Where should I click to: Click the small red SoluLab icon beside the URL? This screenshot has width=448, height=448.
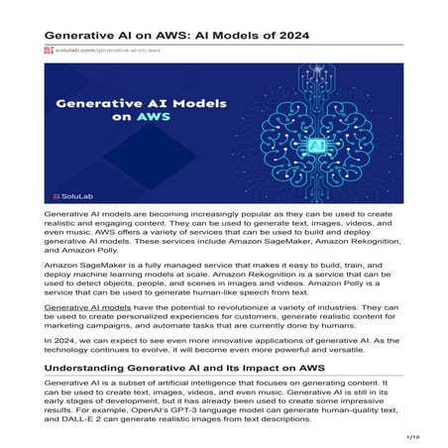(49, 49)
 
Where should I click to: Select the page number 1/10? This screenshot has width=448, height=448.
(414, 435)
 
